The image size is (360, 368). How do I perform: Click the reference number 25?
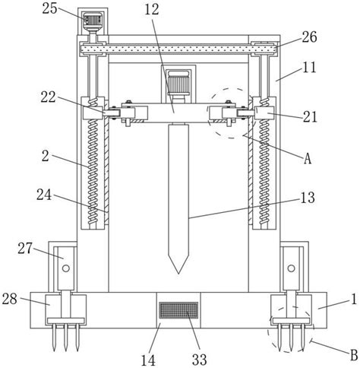[50, 8]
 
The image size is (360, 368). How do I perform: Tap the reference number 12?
[152, 10]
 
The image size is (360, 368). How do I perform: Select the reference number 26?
[309, 37]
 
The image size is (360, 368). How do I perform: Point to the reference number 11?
[309, 67]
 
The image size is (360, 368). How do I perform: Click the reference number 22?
[49, 97]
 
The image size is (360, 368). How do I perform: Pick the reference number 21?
[310, 117]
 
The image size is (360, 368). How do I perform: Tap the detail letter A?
[308, 159]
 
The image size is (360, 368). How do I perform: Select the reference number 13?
[308, 198]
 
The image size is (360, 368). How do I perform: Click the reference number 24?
[44, 195]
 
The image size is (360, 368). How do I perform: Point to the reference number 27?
[25, 248]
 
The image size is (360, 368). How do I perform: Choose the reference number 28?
[10, 299]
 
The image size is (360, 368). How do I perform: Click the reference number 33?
[199, 360]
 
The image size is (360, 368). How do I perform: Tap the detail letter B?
[354, 355]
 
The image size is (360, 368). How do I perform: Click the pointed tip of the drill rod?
[178, 274]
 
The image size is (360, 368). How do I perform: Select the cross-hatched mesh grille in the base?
[178, 310]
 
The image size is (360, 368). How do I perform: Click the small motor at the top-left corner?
[93, 20]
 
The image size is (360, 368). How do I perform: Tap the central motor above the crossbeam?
[178, 82]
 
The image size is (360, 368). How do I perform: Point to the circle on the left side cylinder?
[66, 268]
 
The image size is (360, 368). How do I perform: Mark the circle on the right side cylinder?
[291, 268]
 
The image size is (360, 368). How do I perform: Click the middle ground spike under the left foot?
[65, 338]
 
